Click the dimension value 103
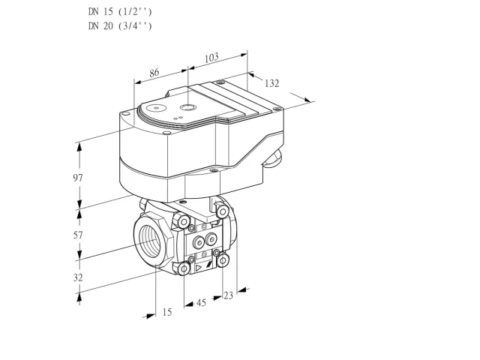[211, 58]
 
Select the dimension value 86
[154, 73]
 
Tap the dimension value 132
[271, 83]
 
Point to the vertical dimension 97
[78, 178]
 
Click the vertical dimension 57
[78, 235]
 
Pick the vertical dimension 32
[78, 277]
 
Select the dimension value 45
[201, 303]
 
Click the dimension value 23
[228, 295]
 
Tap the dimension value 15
[166, 312]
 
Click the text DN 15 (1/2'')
[120, 12]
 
